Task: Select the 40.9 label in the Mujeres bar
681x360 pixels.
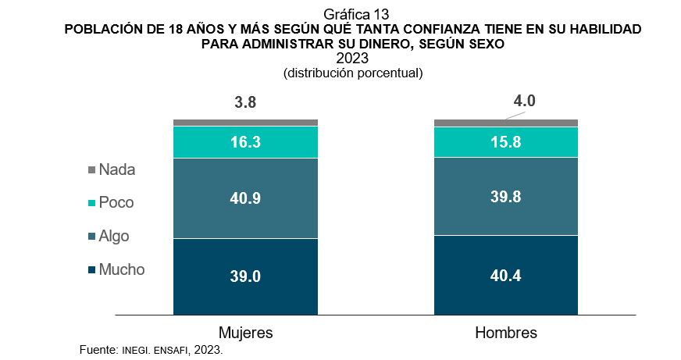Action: (245, 198)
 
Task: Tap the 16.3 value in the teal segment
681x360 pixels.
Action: (245, 143)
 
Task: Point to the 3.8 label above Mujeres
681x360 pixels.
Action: (245, 102)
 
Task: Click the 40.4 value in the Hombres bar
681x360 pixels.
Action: (505, 275)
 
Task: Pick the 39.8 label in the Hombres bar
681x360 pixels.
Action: (505, 197)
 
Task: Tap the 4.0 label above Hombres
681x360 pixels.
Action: (524, 101)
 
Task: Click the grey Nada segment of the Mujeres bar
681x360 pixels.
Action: (245, 123)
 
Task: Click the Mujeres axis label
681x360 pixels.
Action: (245, 333)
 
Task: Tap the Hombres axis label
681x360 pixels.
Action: (505, 333)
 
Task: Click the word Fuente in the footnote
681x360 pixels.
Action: (98, 350)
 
